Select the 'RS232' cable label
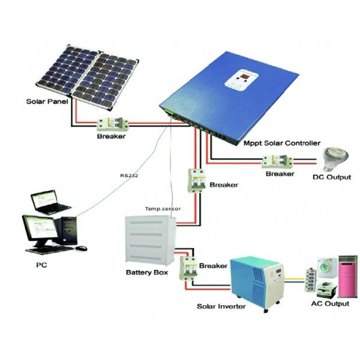point(128,176)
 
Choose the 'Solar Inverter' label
point(221,306)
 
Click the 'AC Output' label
point(329,304)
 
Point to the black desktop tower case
point(69,230)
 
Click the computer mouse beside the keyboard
point(81,248)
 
